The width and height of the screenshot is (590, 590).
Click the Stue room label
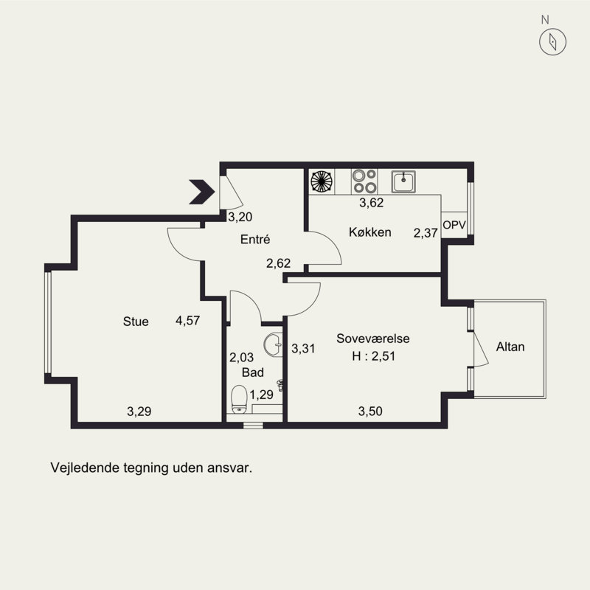136,322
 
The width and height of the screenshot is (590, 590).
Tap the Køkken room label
370,232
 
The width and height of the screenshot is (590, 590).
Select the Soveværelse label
373,339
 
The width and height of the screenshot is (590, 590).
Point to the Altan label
510,347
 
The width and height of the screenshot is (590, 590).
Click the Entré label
255,239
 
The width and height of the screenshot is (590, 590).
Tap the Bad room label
252,372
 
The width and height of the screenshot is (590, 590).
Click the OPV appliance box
454,225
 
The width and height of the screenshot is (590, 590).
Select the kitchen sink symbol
403,181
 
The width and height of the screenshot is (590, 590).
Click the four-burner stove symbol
364,181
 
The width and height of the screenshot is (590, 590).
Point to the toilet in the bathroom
239,399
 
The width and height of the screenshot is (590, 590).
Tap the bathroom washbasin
274,344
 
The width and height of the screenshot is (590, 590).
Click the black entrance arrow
201,192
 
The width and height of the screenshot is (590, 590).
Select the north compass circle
552,41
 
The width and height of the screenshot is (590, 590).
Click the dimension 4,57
188,321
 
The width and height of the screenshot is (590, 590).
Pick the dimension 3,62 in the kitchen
372,202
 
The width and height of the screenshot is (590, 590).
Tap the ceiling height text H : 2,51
374,356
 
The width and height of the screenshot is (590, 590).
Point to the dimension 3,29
139,412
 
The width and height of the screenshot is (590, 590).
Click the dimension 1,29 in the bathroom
262,395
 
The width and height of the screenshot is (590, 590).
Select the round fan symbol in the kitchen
322,181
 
